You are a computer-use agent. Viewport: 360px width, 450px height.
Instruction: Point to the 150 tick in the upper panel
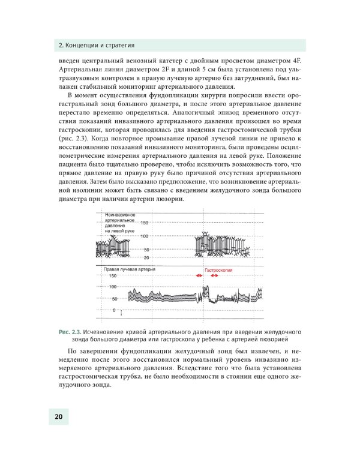coord(144,223)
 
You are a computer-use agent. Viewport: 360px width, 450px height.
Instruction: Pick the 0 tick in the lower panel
coord(115,310)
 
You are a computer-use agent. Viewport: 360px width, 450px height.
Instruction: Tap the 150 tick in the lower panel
coord(112,276)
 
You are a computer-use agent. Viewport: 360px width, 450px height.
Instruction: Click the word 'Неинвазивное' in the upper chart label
coord(120,215)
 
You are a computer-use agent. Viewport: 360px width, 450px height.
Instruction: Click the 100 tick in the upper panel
coord(145,236)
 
